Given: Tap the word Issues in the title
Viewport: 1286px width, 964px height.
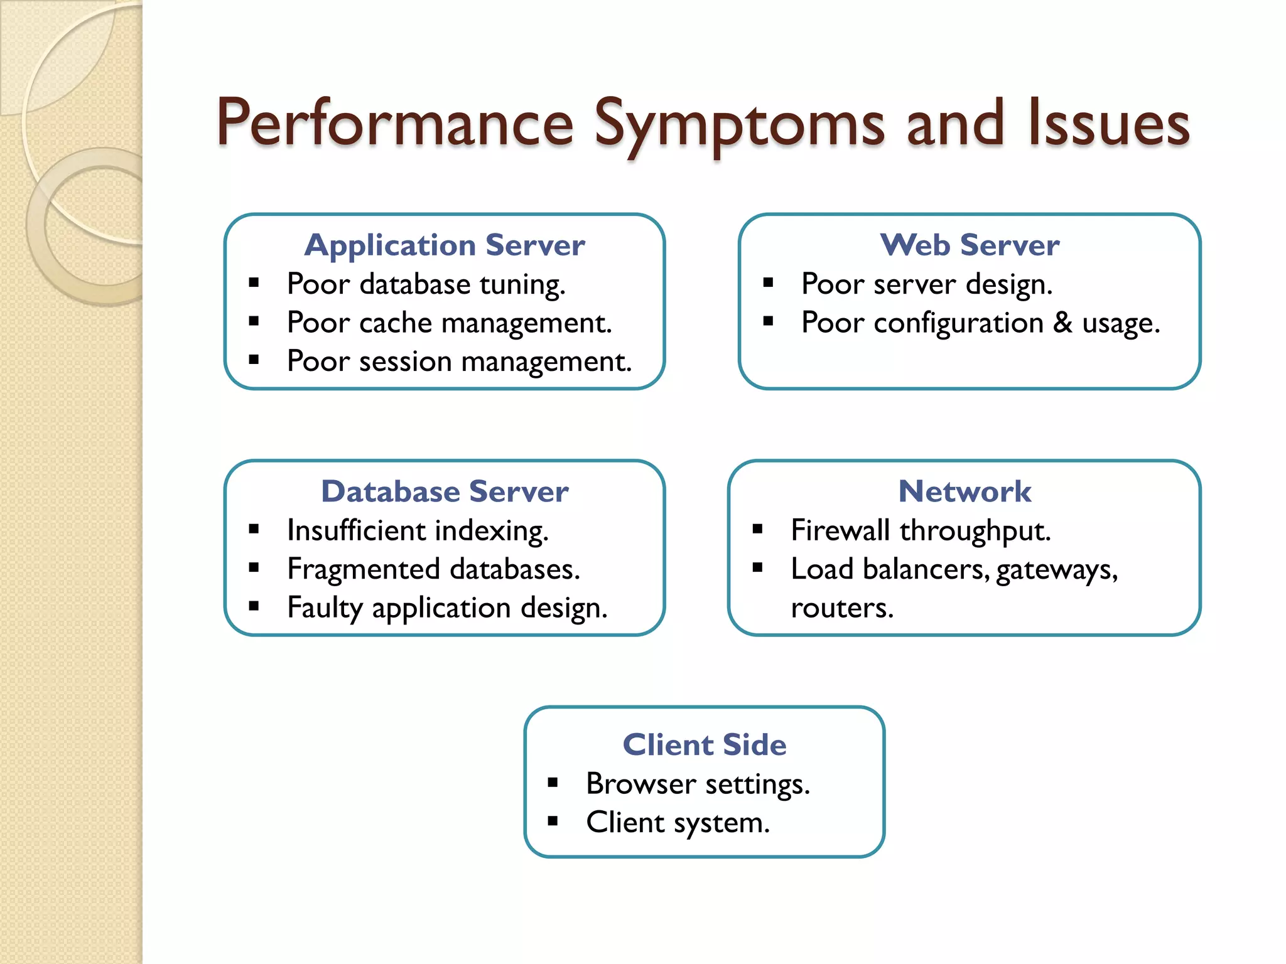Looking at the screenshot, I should pos(1109,125).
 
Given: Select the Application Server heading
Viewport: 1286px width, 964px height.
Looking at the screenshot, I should pos(445,245).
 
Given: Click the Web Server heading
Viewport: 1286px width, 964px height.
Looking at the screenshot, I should pos(970,245).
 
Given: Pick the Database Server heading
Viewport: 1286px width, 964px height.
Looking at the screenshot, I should pos(445,491).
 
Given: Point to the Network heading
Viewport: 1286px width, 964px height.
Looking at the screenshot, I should pos(964,491).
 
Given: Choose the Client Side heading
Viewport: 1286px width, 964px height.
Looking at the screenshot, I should pos(704,745).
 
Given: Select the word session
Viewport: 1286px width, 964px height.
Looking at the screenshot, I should pos(405,362).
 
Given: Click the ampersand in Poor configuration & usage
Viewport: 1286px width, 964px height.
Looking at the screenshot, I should pos(1062,323).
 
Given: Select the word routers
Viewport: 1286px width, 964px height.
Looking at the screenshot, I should pos(841,608).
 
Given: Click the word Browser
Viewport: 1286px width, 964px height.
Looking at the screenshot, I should pos(640,785).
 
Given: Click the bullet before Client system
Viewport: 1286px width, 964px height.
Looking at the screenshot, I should pos(553,821).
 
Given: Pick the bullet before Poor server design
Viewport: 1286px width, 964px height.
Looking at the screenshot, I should pos(768,283).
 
